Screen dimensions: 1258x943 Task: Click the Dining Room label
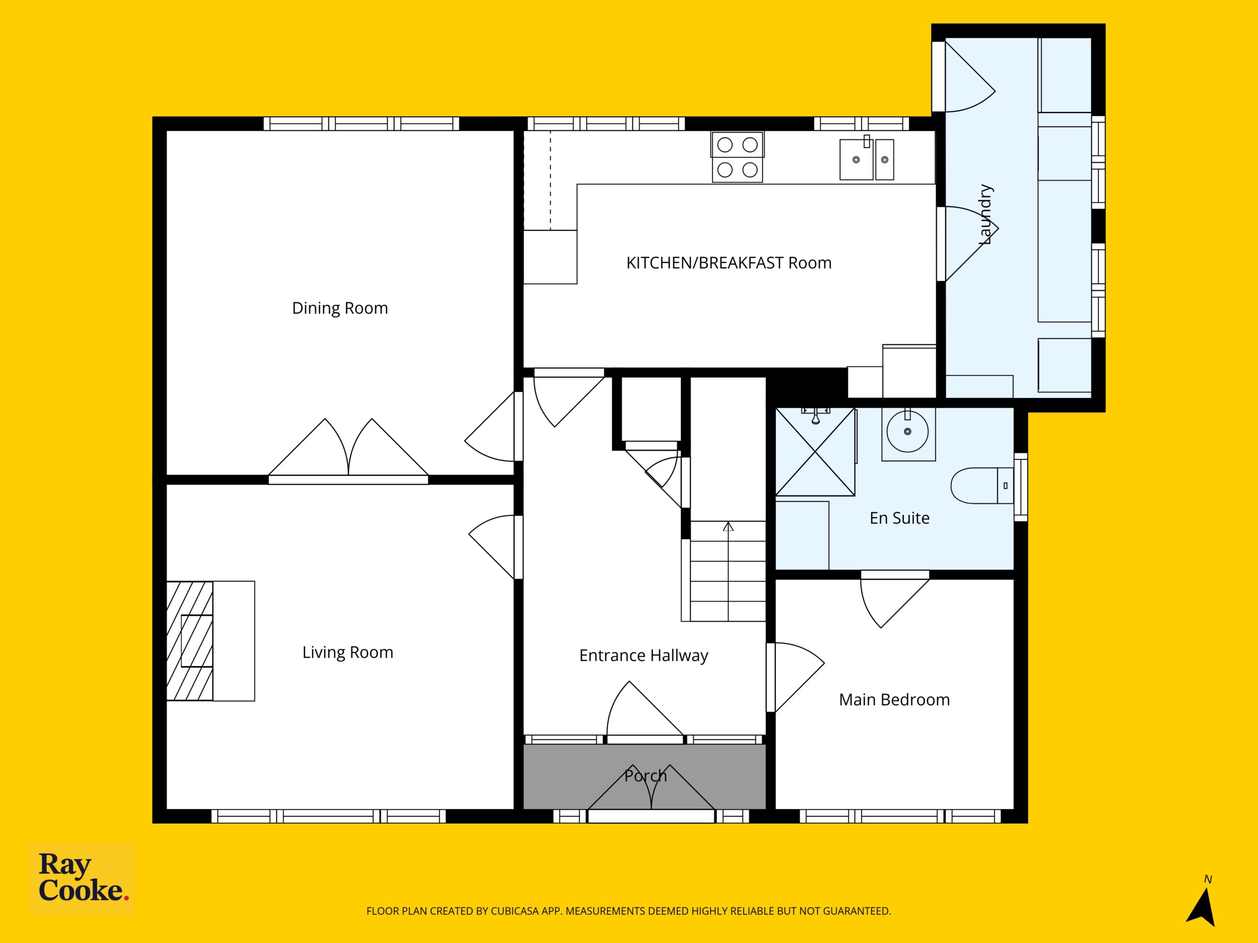pyautogui.click(x=340, y=308)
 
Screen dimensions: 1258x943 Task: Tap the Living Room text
pyautogui.click(x=347, y=653)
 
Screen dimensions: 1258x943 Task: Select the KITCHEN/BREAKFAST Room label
pyautogui.click(x=729, y=263)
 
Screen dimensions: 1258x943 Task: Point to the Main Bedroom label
pyautogui.click(x=894, y=700)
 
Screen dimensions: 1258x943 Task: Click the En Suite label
pyautogui.click(x=900, y=518)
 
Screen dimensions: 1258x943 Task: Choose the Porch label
pyautogui.click(x=646, y=776)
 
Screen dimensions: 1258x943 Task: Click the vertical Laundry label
pyautogui.click(x=986, y=215)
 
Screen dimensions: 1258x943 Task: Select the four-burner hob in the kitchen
pyautogui.click(x=737, y=157)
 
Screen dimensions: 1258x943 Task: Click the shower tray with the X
pyautogui.click(x=816, y=452)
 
